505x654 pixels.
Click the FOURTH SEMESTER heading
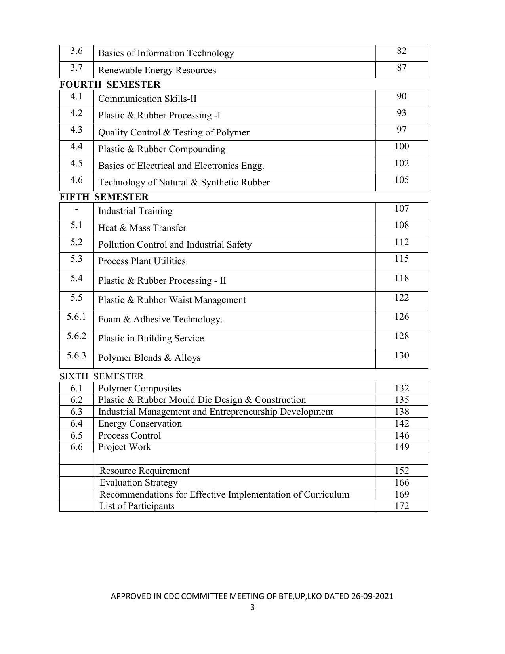point(110,84)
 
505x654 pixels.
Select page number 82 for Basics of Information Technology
point(401,51)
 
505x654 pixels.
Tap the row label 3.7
point(76,68)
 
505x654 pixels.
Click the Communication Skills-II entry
point(147,99)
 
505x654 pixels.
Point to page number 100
point(401,147)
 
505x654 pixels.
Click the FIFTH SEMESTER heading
point(104,197)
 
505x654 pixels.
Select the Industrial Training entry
point(135,211)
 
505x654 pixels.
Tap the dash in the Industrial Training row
point(76,209)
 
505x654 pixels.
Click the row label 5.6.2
point(76,336)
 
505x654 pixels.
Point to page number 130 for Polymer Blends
point(401,355)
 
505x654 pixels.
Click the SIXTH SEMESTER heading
point(101,376)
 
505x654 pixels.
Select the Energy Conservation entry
point(140,423)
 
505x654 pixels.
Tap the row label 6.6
point(76,447)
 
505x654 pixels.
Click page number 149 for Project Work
point(401,447)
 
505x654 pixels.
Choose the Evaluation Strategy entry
point(138,482)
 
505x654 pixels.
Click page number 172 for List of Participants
point(401,506)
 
